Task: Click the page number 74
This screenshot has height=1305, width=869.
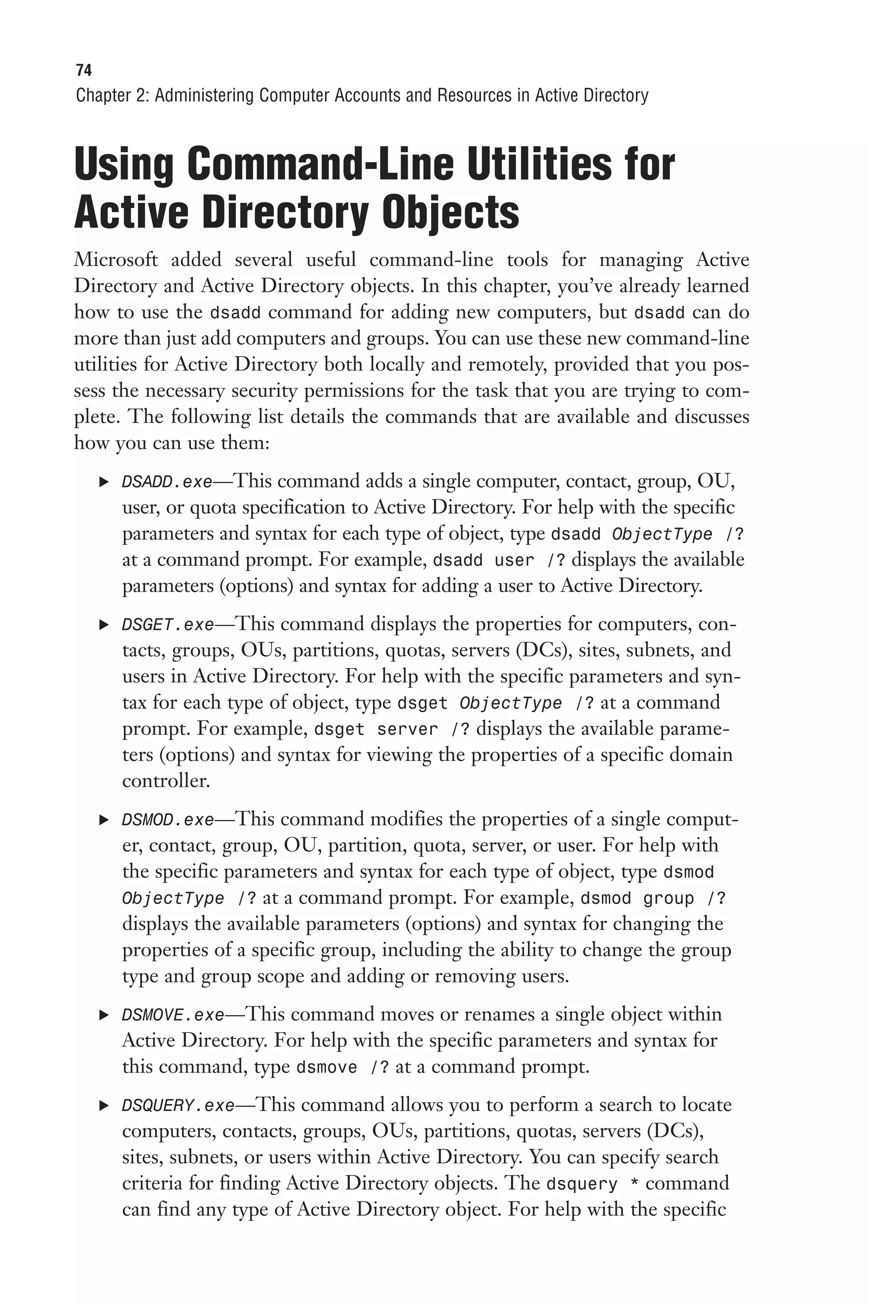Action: click(83, 70)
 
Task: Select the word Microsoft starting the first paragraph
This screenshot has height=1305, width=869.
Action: click(115, 260)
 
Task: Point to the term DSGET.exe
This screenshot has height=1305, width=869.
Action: click(167, 625)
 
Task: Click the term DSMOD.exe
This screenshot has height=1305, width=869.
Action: click(167, 819)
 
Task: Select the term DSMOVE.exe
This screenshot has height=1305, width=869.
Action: click(172, 1015)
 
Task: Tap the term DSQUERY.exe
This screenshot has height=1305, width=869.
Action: click(178, 1106)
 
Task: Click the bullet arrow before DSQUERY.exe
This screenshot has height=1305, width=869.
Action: click(104, 1106)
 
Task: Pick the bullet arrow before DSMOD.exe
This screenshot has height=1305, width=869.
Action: click(104, 819)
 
